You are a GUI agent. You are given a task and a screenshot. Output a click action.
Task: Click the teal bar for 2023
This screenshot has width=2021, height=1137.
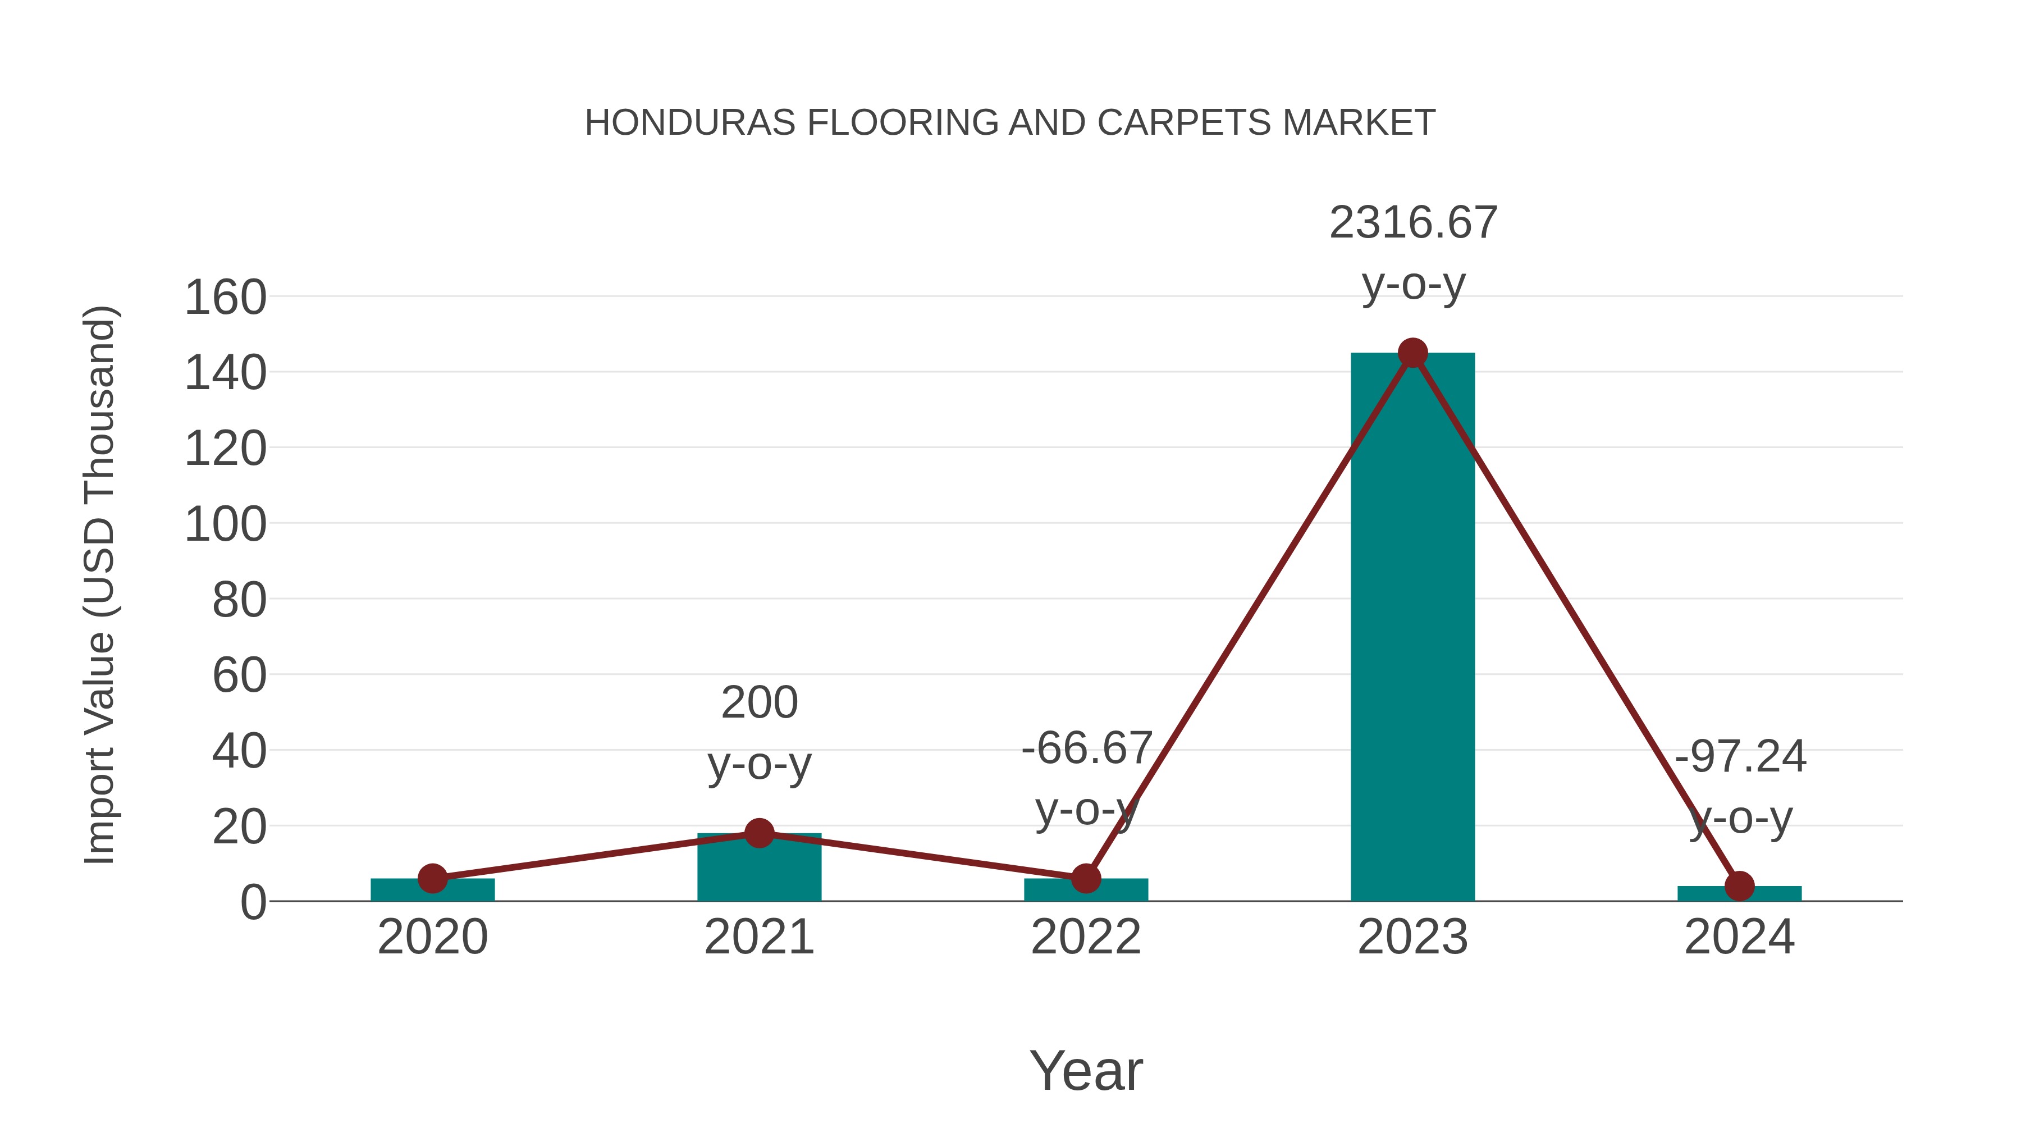(x=1412, y=628)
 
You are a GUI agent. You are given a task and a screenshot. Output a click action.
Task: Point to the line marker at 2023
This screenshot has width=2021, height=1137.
(x=1412, y=353)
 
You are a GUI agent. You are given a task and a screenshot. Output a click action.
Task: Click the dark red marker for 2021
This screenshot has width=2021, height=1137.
(x=758, y=833)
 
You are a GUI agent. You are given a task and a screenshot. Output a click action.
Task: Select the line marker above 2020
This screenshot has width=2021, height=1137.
(x=432, y=878)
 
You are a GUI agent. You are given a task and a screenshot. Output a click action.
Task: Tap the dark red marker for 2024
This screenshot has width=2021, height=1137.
(x=1739, y=886)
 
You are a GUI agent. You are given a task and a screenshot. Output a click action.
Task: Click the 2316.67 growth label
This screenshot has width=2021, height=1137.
(x=1413, y=223)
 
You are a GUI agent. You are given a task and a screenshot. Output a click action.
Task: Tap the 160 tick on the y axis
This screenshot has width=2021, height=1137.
(x=225, y=298)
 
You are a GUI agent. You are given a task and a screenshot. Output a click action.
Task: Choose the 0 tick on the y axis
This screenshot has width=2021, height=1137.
(x=253, y=902)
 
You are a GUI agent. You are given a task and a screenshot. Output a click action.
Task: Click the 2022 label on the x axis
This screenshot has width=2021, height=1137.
(x=1086, y=937)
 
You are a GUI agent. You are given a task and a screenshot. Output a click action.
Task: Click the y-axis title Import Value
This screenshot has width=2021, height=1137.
(x=100, y=585)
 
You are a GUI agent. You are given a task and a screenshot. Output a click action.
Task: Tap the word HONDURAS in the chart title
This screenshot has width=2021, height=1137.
(x=691, y=123)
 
